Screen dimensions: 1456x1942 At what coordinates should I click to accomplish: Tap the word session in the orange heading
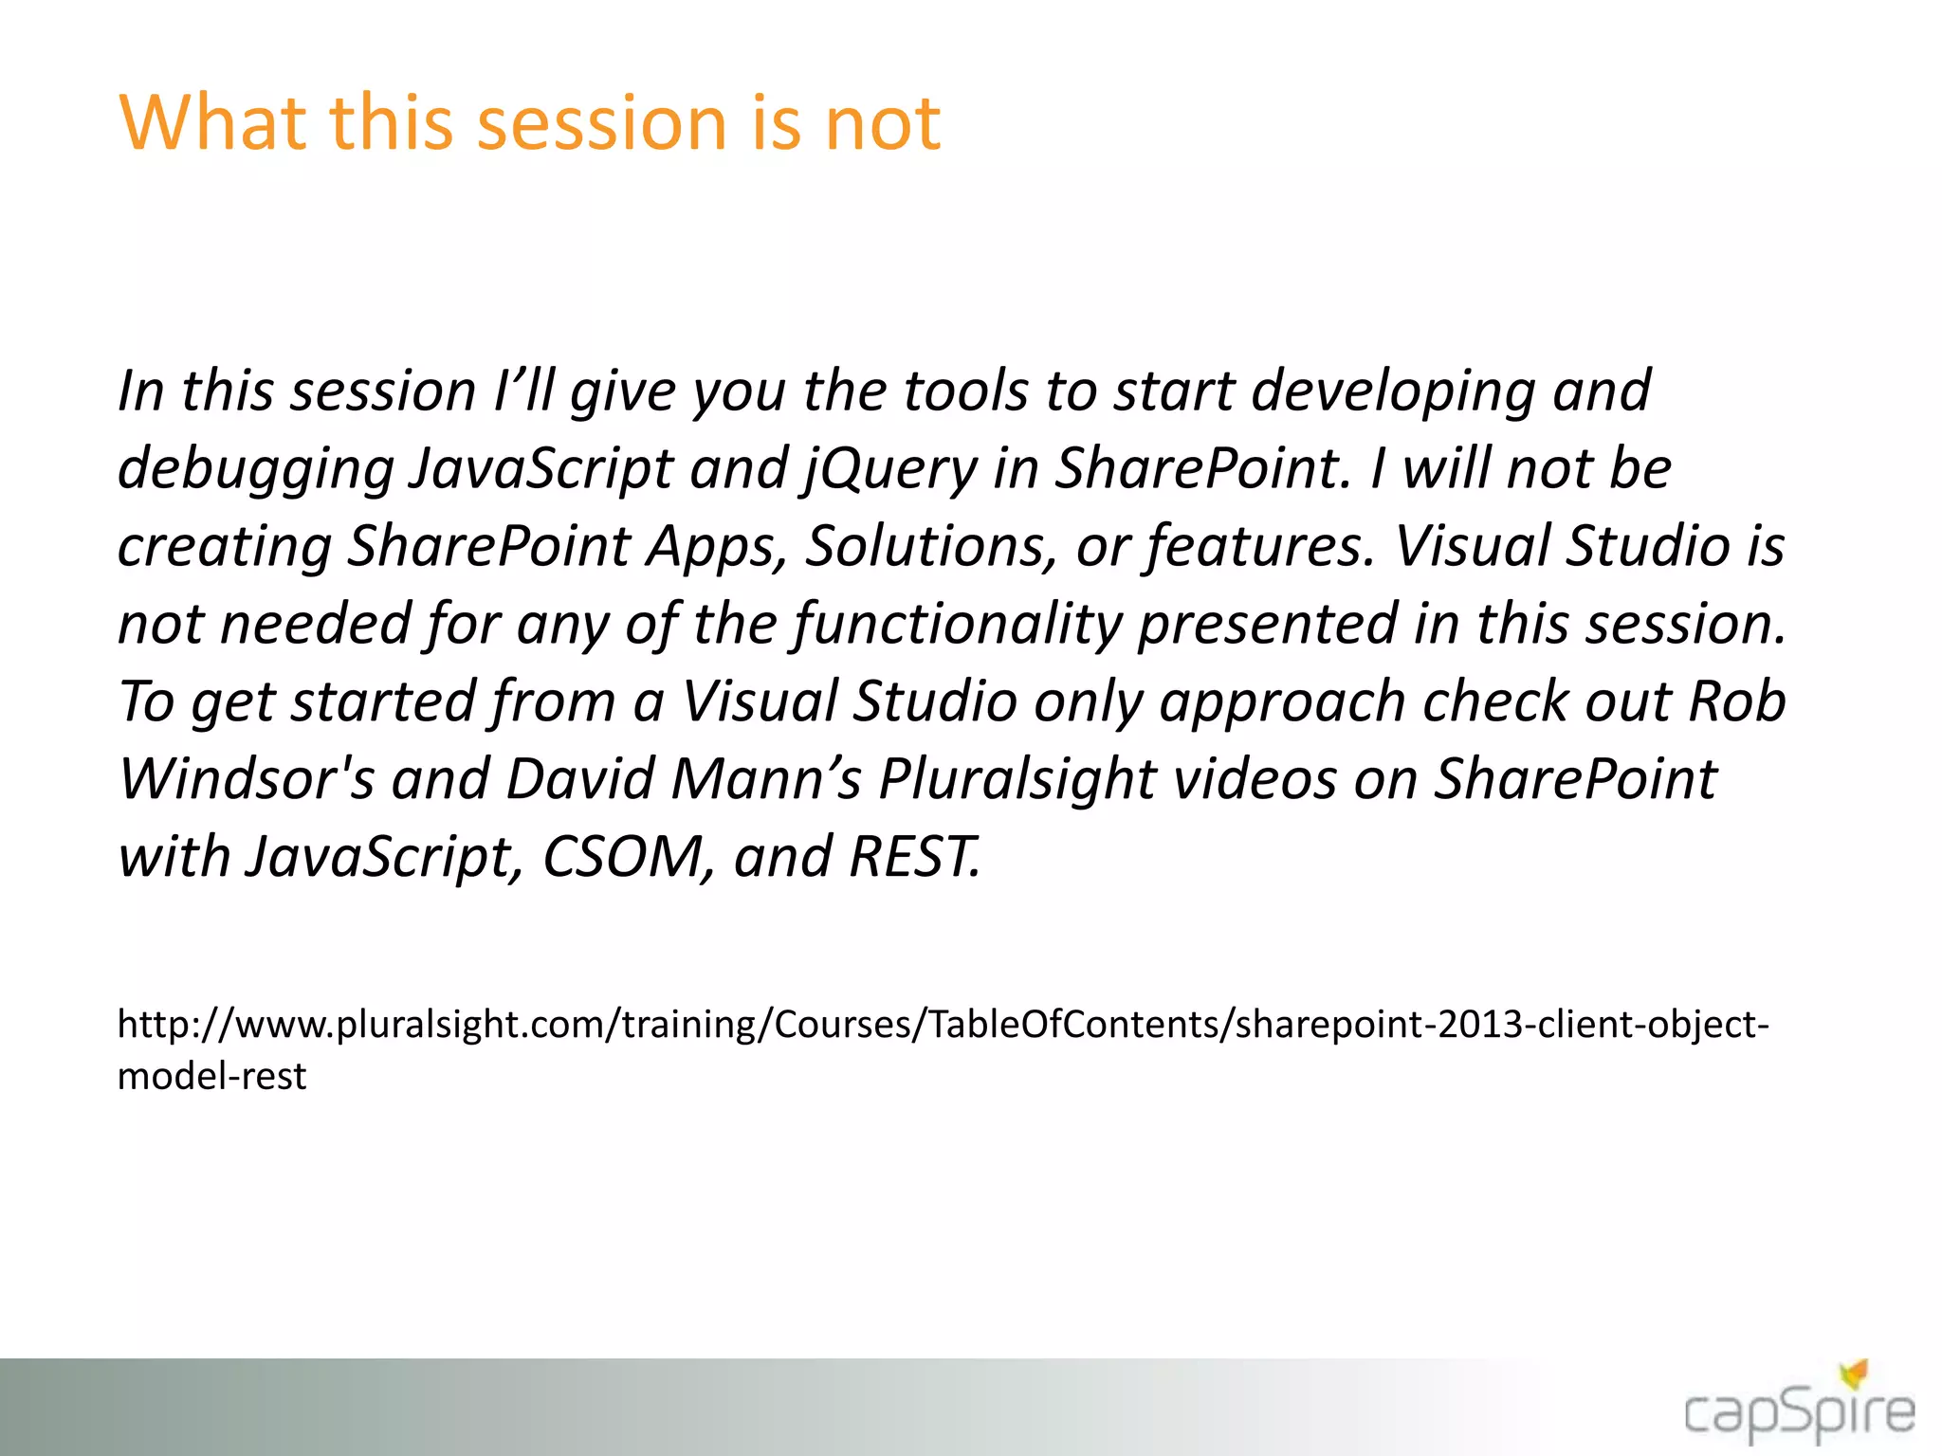(601, 122)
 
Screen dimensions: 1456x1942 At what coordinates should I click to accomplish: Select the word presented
(1267, 625)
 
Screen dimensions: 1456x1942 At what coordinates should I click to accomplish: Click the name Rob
(1737, 702)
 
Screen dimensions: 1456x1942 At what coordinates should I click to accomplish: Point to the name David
(579, 780)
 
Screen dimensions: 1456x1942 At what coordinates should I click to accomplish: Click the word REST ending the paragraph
(913, 858)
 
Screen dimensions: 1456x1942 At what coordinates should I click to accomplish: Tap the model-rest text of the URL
(211, 1076)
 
